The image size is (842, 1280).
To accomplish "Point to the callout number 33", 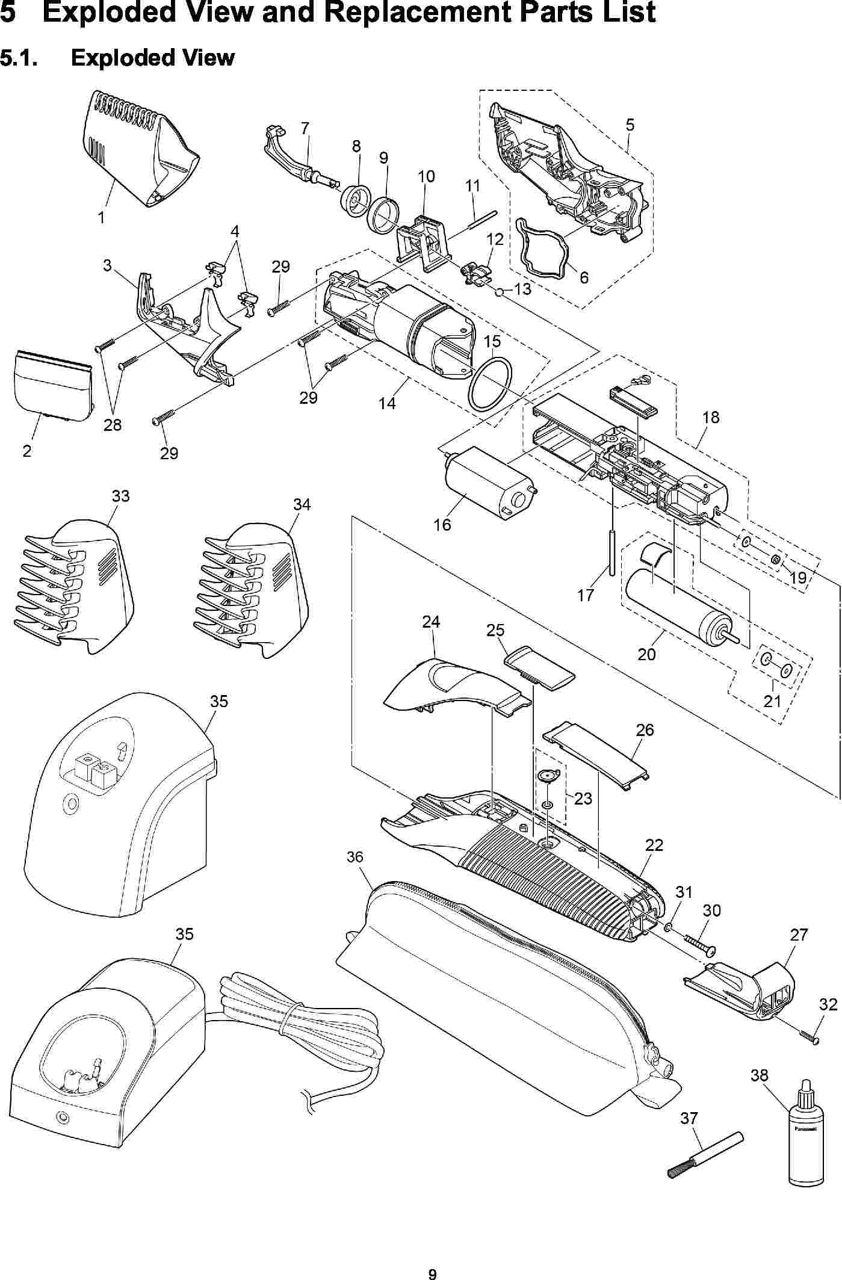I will click(120, 496).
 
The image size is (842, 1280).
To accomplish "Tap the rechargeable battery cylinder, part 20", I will click(673, 602).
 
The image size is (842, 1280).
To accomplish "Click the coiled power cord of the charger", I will click(301, 1023).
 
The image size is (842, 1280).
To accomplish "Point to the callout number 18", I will click(711, 417).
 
